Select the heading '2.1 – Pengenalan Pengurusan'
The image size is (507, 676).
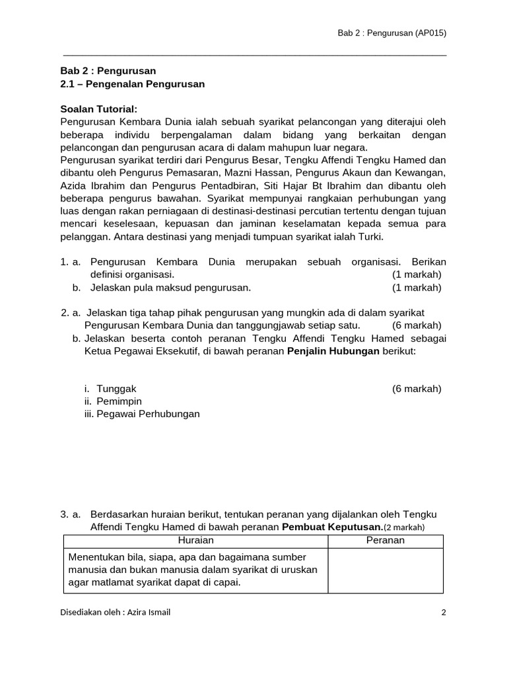click(133, 84)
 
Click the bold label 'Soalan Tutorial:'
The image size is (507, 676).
click(99, 109)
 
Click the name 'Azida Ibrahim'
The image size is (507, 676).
click(90, 185)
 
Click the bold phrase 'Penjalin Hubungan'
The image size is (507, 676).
click(333, 351)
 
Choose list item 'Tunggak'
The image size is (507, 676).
click(117, 388)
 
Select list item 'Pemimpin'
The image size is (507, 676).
click(119, 401)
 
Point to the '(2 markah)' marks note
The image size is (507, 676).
click(404, 527)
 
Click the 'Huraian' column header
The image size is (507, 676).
click(195, 540)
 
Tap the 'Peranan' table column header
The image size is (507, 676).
click(386, 540)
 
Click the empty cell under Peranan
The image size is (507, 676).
click(386, 570)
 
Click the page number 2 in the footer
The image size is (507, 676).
click(444, 612)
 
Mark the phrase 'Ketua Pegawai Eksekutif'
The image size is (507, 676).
click(137, 351)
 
